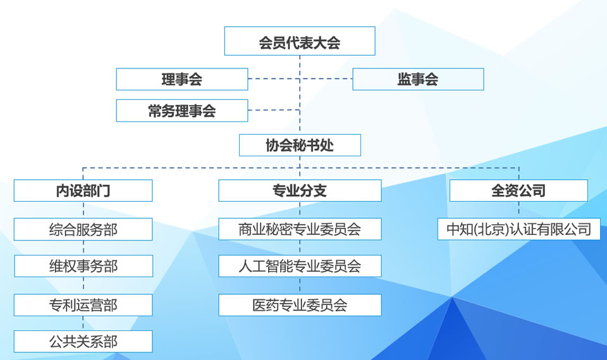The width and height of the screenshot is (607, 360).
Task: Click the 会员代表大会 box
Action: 300,42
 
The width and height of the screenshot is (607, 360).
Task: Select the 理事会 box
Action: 182,79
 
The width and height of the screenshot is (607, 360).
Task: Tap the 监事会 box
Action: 418,79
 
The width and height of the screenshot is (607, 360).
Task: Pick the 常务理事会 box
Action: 182,111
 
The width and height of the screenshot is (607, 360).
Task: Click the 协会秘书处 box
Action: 300,145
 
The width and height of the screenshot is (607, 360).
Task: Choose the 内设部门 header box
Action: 83,190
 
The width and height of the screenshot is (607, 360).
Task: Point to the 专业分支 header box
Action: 300,190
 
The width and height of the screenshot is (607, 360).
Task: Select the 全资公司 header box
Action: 518,190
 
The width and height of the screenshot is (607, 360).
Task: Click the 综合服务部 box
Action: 83,229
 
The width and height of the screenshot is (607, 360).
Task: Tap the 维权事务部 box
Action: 83,266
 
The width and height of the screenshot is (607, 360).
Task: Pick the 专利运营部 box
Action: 83,305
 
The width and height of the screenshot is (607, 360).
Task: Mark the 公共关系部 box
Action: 83,342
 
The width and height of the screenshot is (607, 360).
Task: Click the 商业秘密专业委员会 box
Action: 300,229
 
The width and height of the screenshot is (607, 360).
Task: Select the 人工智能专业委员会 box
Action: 300,266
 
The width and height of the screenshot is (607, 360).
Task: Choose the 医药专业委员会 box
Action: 300,305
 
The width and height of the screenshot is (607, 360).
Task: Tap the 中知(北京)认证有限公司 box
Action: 518,229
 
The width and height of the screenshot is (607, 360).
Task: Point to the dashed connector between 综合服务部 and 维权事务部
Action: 83,248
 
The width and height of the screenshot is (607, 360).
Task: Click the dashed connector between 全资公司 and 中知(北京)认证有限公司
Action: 518,210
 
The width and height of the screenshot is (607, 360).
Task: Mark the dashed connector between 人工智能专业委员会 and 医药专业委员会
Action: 300,285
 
